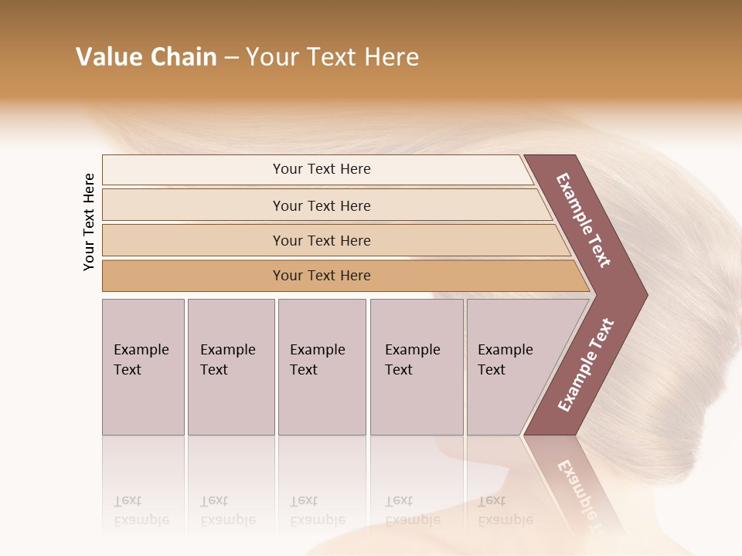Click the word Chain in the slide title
[x=183, y=57]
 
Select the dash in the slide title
[x=231, y=58]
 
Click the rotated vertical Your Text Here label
[x=89, y=222]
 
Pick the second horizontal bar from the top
[x=322, y=205]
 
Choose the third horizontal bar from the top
[x=322, y=240]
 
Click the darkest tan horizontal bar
[x=322, y=276]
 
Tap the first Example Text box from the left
[x=143, y=367]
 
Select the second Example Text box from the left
[x=230, y=367]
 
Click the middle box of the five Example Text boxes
[x=322, y=367]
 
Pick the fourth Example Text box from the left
[x=416, y=367]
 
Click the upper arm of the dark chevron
[x=584, y=220]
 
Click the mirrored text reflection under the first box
[x=141, y=510]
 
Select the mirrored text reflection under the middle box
[x=318, y=510]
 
